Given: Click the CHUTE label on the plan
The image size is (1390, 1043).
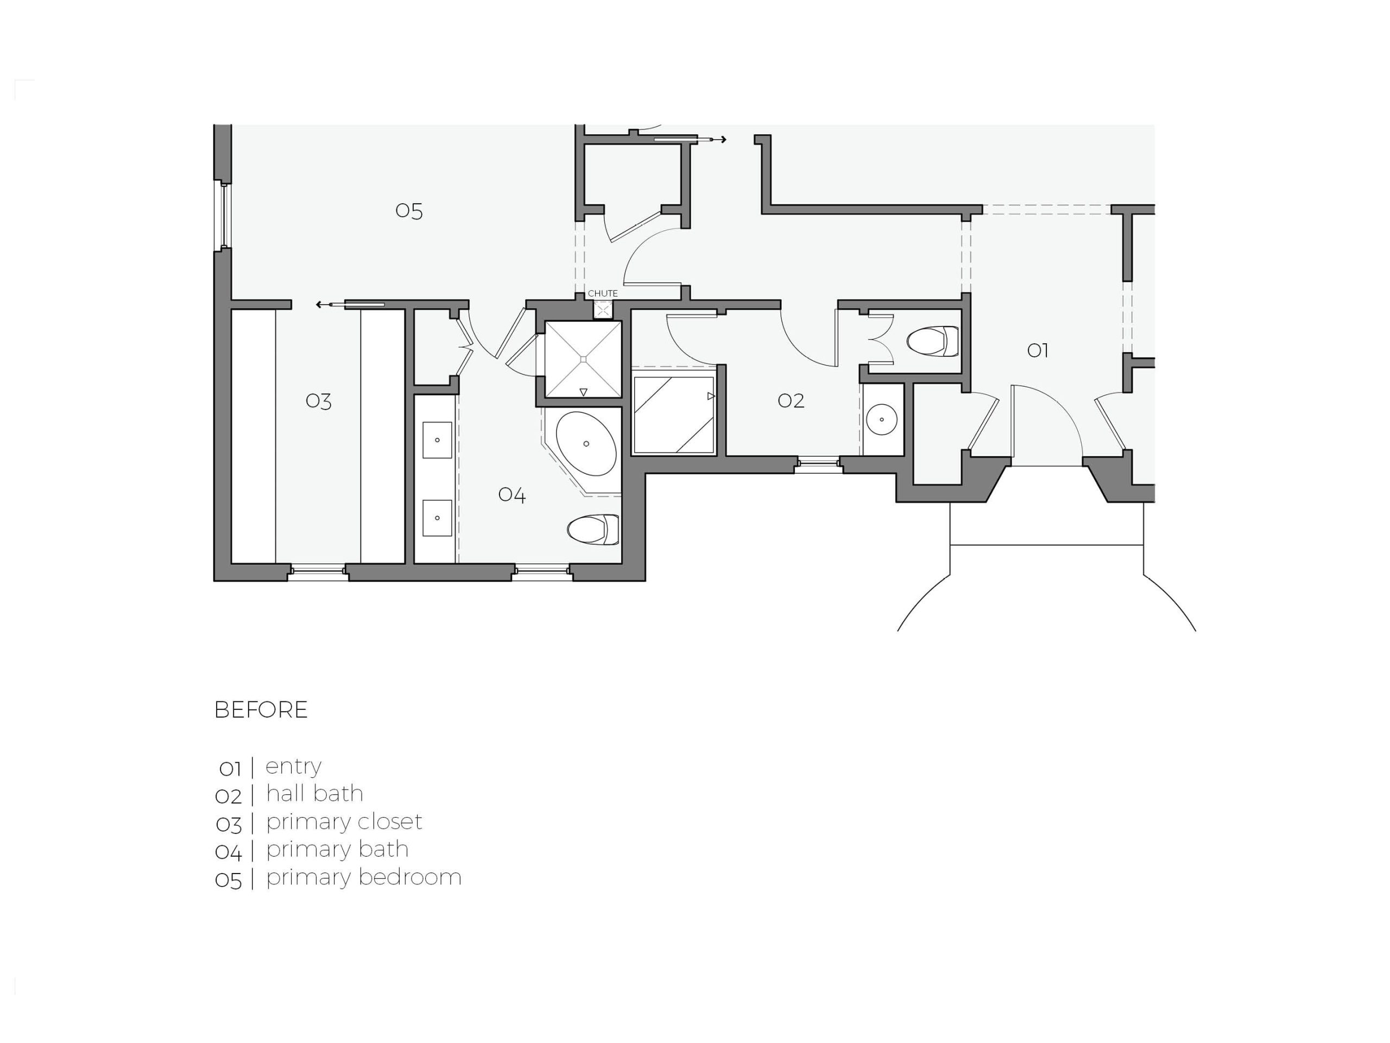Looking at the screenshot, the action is click(x=603, y=293).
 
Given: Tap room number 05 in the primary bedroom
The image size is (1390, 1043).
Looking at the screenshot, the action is click(x=408, y=211).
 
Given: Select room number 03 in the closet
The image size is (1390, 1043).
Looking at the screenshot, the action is click(x=319, y=401).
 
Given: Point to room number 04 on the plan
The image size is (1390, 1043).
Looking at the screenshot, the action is click(x=511, y=495).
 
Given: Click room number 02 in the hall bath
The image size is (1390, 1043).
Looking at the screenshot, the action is click(x=791, y=400).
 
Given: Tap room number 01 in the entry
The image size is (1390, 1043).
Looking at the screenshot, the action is click(x=1038, y=350).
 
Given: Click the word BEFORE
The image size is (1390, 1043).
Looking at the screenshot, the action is click(x=261, y=710).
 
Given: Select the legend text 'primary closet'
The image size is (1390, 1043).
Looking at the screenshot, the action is click(x=344, y=823).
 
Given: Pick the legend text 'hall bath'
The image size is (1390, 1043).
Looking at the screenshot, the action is click(x=315, y=794).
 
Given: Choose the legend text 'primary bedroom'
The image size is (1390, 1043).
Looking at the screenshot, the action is click(x=364, y=878).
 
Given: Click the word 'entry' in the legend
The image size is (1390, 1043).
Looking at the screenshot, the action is click(x=293, y=767).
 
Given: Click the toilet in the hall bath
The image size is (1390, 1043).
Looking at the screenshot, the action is click(x=932, y=341).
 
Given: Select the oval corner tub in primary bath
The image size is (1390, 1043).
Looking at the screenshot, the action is click(x=586, y=444).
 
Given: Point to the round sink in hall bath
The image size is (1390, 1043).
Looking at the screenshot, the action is click(x=882, y=419).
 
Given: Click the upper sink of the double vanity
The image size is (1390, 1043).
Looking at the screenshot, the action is click(x=437, y=440).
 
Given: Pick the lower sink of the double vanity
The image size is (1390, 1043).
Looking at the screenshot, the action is click(x=437, y=518).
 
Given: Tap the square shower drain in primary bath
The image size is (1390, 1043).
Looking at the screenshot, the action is click(x=583, y=359).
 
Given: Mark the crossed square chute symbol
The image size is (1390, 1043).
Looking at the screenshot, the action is click(x=603, y=309).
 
